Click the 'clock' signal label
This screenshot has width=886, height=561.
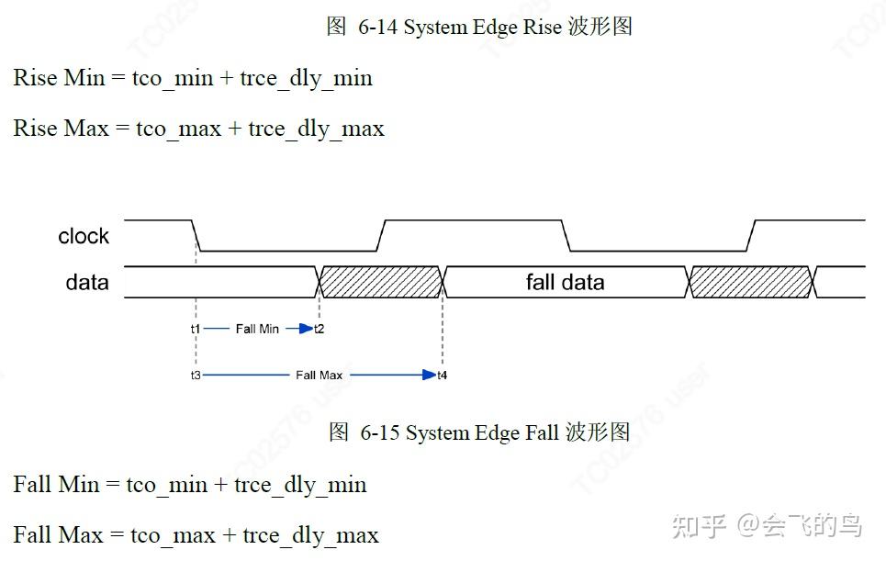click(84, 237)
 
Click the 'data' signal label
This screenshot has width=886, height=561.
click(87, 283)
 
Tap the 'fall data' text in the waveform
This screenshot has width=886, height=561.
click(565, 282)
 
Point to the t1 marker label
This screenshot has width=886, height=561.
click(196, 329)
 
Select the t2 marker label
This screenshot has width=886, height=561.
click(319, 329)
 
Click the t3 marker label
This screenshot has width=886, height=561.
click(196, 376)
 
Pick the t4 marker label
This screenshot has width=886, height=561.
click(443, 376)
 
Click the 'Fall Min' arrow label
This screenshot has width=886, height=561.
click(257, 329)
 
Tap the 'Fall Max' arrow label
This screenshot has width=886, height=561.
click(319, 376)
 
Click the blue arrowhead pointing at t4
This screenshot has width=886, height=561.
click(429, 375)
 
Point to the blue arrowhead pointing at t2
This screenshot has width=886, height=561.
click(306, 329)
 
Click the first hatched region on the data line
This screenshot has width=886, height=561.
click(381, 282)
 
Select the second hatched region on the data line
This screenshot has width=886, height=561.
click(750, 282)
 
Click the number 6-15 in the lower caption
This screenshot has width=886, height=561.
click(380, 432)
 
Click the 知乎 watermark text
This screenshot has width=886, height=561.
click(700, 526)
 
